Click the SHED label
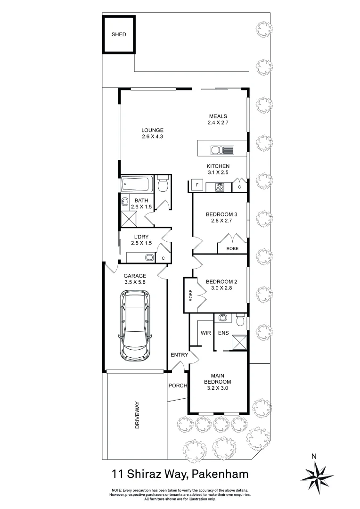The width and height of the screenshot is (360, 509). [x=119, y=34]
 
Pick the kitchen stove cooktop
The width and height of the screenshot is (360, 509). [x=220, y=187]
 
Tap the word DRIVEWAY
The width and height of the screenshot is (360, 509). [x=138, y=415]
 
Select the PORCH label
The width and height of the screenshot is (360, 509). [x=178, y=386]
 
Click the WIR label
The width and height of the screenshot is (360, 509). [x=206, y=333]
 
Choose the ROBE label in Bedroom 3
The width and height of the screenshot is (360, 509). [x=232, y=248]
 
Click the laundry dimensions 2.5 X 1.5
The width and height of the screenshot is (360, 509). [x=141, y=243]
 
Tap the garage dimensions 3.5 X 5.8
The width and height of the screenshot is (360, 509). [x=135, y=282]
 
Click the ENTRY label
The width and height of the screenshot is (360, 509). [x=180, y=355]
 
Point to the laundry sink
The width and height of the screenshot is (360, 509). [x=149, y=258]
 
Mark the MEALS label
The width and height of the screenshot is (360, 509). [x=219, y=116]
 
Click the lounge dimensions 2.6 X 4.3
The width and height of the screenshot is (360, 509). [x=152, y=137]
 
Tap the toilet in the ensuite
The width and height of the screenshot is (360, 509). [x=240, y=321]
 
